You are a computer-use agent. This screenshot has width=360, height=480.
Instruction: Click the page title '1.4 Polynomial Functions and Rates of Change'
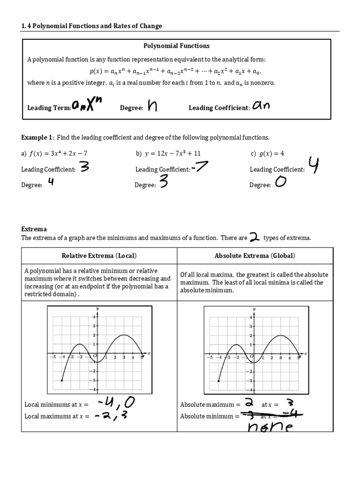[91, 26]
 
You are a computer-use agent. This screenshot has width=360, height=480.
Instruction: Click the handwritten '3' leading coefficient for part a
[84, 168]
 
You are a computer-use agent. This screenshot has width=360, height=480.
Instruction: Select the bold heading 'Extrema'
[34, 229]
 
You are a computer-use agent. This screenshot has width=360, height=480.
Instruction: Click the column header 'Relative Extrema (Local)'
[99, 255]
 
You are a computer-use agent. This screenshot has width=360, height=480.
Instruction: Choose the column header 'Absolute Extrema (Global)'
[255, 255]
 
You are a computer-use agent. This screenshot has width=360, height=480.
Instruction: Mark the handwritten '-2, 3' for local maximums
[115, 415]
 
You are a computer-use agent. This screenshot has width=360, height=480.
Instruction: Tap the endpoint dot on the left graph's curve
[62, 381]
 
